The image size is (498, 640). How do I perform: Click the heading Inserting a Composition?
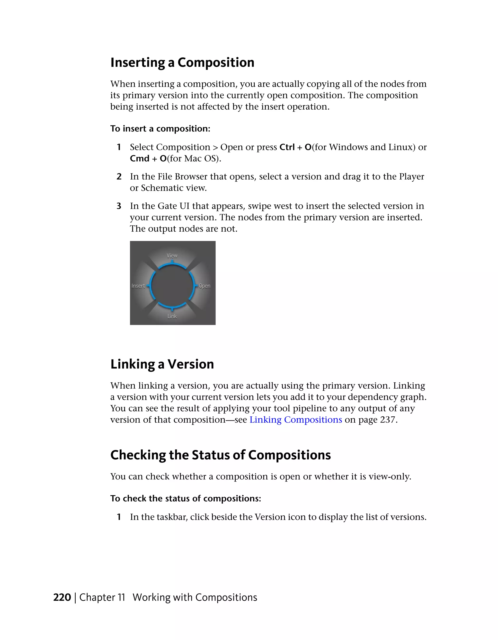coord(182,63)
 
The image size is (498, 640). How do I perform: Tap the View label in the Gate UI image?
coord(172,255)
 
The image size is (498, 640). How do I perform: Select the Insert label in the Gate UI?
coord(138,286)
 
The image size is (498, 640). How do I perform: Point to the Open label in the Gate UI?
coord(205,286)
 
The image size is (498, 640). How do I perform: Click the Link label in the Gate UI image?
coord(172,316)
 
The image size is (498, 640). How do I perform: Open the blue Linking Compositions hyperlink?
coord(295,420)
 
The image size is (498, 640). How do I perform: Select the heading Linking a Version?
coord(162,364)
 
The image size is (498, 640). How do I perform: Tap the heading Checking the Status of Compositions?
coord(220,455)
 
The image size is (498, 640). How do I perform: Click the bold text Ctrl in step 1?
coord(287,147)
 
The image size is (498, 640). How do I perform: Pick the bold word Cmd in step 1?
coord(140,158)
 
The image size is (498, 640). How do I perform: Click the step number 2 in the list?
coord(119,177)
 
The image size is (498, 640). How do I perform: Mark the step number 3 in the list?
coord(119,206)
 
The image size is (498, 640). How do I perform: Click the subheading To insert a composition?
coord(160,129)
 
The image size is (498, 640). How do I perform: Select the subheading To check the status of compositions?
coord(186,499)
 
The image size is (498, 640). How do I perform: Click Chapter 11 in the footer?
coord(102,597)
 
